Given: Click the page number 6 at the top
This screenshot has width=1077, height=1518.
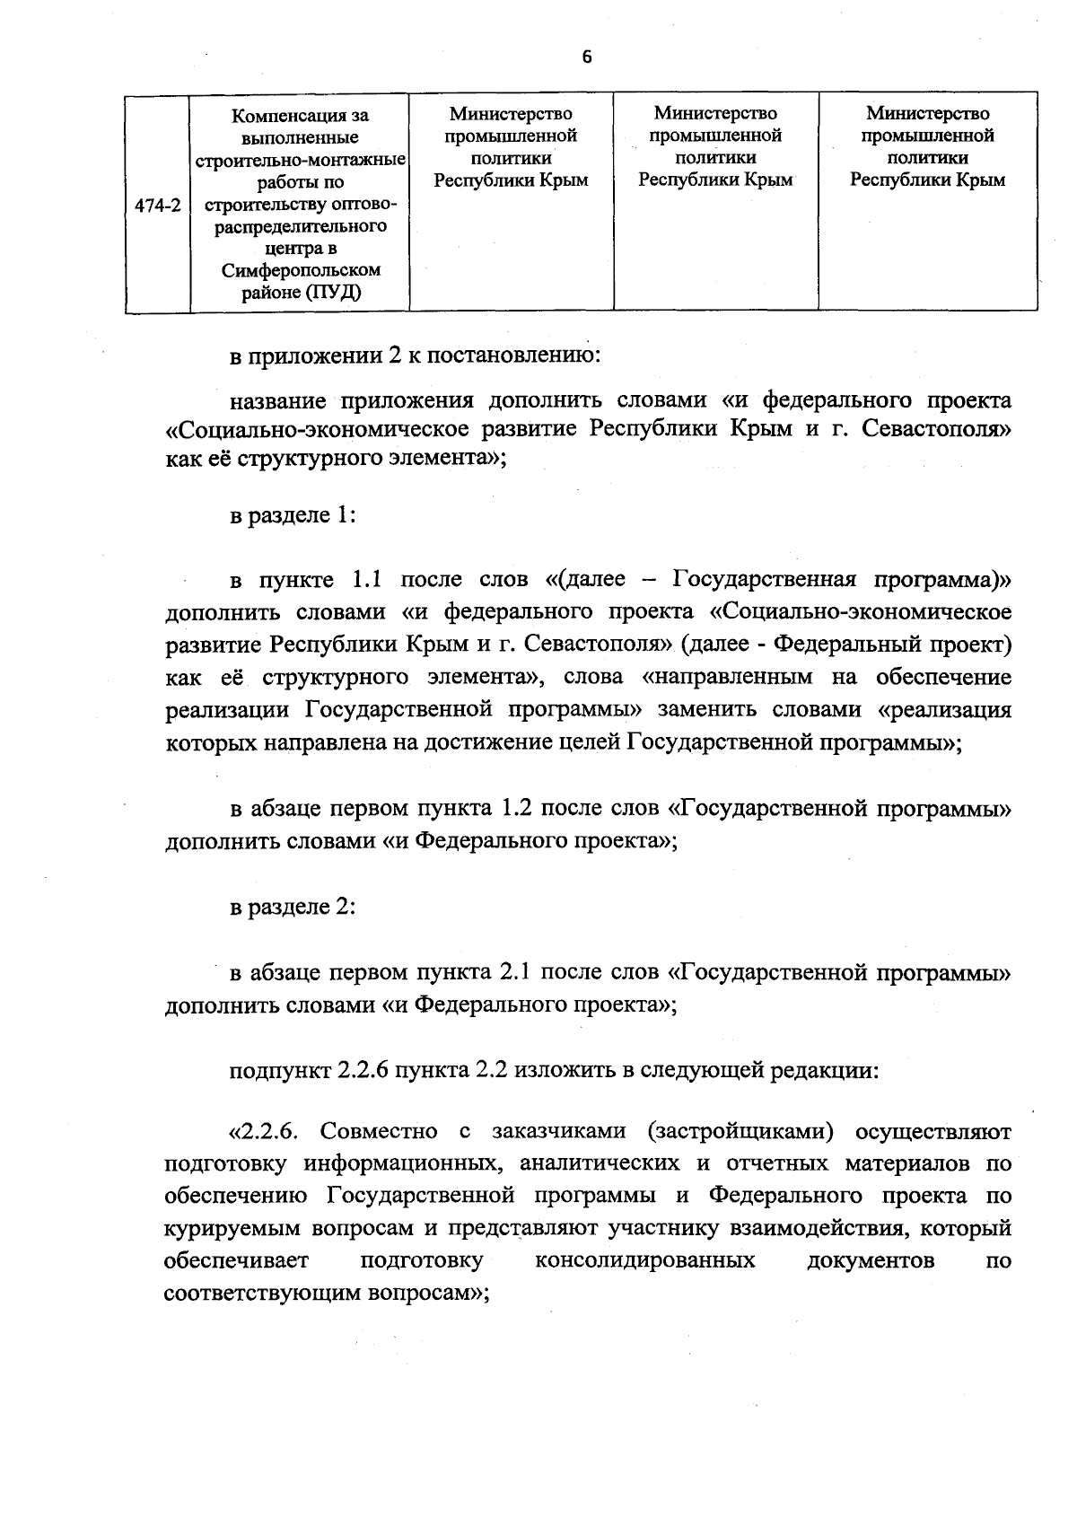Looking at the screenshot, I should tap(587, 57).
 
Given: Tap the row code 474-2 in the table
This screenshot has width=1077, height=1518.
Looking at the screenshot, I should tap(157, 206).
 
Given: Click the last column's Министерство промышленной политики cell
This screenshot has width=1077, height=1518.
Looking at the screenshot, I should tap(927, 146).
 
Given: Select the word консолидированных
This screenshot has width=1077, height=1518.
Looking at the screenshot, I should tap(644, 1260).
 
